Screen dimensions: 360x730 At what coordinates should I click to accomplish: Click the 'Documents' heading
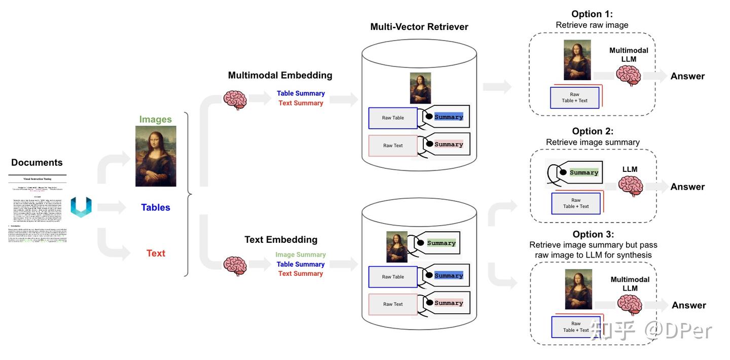37,163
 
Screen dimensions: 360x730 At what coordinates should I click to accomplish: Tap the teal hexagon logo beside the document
81,207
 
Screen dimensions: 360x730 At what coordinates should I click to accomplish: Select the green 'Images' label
156,120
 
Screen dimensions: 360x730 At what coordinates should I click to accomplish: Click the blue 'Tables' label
156,207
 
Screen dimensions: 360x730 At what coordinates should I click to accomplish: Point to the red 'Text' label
156,253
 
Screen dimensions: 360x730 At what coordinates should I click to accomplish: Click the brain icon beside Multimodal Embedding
235,100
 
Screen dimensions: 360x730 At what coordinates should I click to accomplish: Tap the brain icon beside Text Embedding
235,265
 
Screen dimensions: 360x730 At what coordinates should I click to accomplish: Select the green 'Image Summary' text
301,255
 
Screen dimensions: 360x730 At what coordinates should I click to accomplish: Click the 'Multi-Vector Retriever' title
419,27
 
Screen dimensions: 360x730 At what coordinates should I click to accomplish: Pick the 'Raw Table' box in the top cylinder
393,118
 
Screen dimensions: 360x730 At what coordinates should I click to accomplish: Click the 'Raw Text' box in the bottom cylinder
393,304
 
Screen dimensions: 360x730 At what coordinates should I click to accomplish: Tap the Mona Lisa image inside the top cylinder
420,88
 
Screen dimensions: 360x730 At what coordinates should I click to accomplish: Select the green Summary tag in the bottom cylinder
441,243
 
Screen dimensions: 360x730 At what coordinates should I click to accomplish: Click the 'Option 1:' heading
592,14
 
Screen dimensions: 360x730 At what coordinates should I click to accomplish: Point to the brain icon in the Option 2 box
630,186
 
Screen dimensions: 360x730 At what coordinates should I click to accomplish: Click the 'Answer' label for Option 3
689,305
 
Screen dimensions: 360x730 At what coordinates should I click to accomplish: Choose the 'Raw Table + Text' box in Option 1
574,97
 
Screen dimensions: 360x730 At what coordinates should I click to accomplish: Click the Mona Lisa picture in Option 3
578,290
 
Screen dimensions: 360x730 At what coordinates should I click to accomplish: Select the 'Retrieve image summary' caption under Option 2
593,142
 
